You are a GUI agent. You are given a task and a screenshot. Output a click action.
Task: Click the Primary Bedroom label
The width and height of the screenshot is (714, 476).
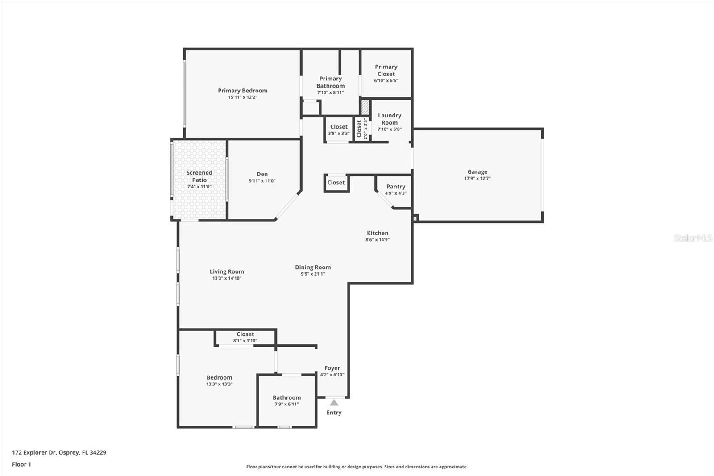242,91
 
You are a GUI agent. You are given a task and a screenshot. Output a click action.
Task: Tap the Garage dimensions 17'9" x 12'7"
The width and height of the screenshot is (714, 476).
477,179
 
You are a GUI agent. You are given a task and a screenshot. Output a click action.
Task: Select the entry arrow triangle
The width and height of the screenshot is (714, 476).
334,403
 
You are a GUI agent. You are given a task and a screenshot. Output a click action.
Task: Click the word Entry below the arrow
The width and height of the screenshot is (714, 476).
334,413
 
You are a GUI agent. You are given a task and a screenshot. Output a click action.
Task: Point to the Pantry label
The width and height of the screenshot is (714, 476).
396,187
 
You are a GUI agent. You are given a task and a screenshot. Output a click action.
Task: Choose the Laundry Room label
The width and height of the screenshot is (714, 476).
389,119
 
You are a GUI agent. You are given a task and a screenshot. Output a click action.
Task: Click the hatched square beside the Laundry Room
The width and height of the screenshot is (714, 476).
365,108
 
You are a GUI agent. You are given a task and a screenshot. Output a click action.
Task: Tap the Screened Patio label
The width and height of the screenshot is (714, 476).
199,176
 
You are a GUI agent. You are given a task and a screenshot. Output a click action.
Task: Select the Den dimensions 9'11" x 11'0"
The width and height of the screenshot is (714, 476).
262,181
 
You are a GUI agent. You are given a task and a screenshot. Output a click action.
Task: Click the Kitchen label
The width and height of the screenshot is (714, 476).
378,233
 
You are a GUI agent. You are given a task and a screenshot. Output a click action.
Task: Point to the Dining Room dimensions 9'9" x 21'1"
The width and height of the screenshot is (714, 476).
312,274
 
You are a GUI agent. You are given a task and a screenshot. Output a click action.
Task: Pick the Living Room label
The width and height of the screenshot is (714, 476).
227,271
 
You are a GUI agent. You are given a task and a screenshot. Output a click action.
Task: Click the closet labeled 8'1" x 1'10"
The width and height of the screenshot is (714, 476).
245,337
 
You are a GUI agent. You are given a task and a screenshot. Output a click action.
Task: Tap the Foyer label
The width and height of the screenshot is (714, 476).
332,368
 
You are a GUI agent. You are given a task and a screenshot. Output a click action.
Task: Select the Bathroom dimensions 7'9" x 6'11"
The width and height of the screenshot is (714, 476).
286,404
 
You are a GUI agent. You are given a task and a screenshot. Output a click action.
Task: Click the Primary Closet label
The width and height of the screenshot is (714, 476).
386,70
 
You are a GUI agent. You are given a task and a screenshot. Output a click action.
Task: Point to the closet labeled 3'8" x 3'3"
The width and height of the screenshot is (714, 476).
339,129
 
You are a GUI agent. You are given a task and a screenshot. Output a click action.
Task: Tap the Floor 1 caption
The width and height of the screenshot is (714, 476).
21,464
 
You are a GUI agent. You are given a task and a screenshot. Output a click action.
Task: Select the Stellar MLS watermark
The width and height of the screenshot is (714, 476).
693,238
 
